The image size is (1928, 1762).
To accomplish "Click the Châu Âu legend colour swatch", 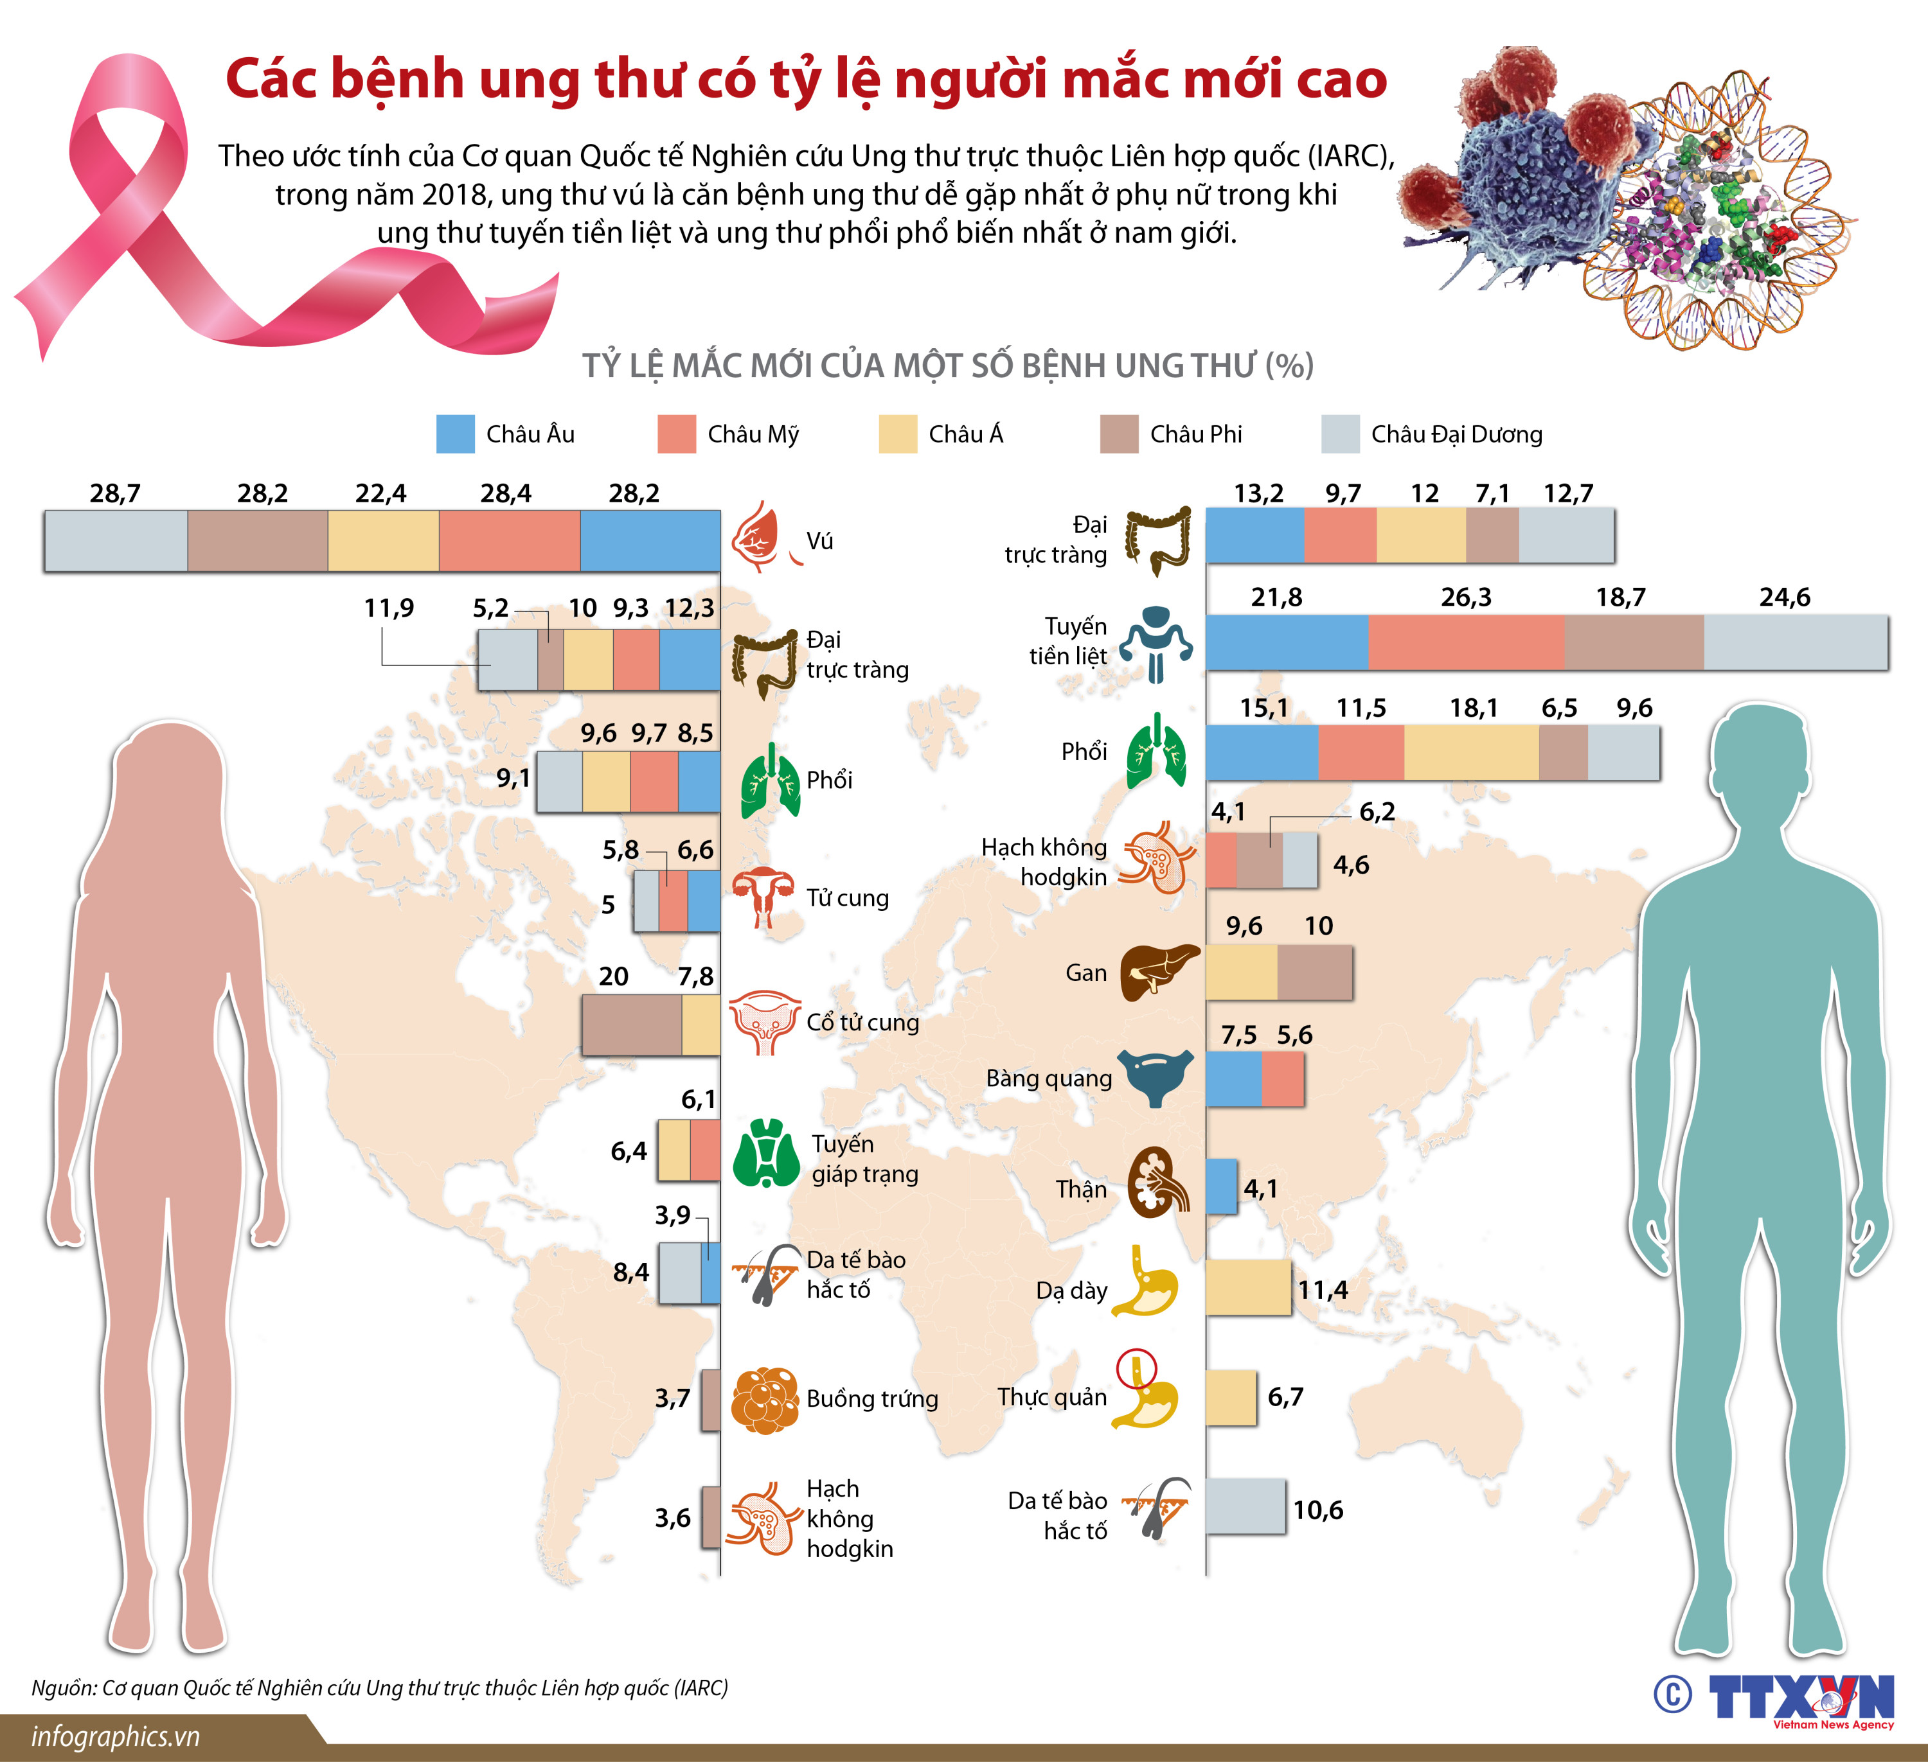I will click(455, 434).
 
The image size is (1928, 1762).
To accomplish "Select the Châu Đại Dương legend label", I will click(1456, 435).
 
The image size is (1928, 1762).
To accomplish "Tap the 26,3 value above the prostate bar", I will click(1465, 597).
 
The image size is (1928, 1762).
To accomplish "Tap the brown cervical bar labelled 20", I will click(631, 1025).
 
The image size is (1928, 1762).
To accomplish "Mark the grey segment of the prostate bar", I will click(1795, 642).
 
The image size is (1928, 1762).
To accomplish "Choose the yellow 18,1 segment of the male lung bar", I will click(1471, 752).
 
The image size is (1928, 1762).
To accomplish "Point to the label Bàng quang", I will click(1049, 1079).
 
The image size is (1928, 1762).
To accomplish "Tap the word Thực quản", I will click(1052, 1396).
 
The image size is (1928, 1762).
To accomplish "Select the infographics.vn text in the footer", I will click(116, 1736).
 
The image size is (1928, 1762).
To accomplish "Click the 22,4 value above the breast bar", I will click(380, 493).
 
